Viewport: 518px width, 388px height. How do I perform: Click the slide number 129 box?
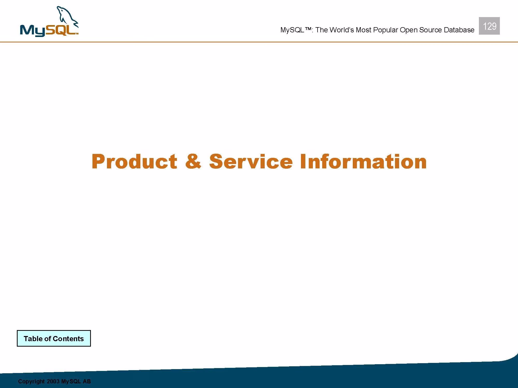[489, 26]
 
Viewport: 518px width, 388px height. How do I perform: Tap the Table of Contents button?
[54, 338]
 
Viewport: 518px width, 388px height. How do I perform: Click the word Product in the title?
[134, 161]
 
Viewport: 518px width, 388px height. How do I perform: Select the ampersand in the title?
[193, 161]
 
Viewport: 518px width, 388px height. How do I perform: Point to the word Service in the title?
[251, 161]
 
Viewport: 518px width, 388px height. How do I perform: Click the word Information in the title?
[363, 161]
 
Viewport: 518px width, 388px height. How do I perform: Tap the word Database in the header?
[459, 30]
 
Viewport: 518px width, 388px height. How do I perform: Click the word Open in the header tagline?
[408, 30]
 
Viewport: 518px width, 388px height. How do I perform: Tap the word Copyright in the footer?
[31, 382]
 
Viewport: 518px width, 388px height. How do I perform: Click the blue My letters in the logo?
[32, 31]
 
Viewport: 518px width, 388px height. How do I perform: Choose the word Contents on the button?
[68, 339]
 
